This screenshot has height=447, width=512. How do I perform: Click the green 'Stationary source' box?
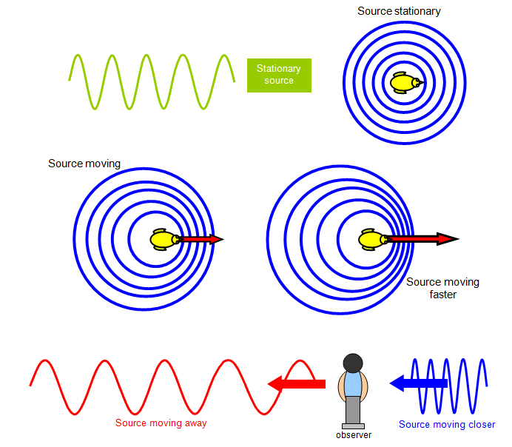click(x=279, y=75)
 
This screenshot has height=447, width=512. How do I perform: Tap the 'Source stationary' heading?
click(x=399, y=11)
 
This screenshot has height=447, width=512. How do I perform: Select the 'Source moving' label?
click(x=84, y=164)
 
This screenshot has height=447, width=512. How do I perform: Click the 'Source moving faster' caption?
click(x=442, y=288)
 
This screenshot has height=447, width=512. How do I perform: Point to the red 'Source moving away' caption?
click(x=161, y=423)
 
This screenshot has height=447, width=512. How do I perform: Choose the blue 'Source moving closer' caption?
click(x=447, y=424)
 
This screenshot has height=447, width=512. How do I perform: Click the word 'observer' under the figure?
click(x=354, y=435)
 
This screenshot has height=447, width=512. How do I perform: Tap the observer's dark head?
click(x=354, y=363)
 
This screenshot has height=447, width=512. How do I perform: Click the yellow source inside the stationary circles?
click(x=405, y=83)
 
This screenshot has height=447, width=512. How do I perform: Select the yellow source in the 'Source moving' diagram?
click(x=164, y=240)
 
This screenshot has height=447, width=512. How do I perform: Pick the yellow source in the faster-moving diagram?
click(x=371, y=239)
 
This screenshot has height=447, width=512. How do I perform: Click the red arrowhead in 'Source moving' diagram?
click(x=215, y=239)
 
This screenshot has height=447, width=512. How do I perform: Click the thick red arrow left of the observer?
click(x=296, y=383)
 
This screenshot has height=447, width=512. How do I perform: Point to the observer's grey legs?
click(x=354, y=410)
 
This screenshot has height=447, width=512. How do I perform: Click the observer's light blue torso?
click(x=354, y=385)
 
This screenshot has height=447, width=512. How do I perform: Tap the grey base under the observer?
click(x=354, y=426)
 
